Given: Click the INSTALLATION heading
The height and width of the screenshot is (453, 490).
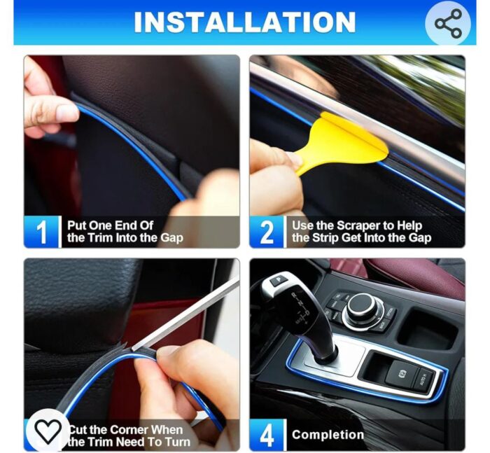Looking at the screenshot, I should click(x=244, y=22).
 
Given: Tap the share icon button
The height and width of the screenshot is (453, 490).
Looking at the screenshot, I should click(x=448, y=23).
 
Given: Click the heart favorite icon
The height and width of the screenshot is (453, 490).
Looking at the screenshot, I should click(x=48, y=431).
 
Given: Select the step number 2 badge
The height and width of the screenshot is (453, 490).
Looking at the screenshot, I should click(x=267, y=232).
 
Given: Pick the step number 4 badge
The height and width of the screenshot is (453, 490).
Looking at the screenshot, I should click(x=267, y=434).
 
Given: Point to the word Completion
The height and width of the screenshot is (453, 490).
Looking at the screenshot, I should click(x=328, y=435).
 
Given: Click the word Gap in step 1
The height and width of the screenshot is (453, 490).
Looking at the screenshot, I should click(x=171, y=238).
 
